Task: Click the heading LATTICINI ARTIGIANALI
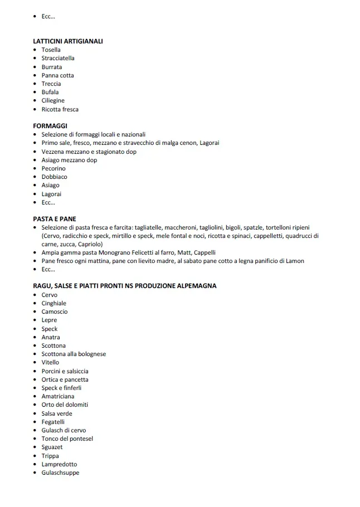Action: (x=68, y=41)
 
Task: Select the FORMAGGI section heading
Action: (x=50, y=126)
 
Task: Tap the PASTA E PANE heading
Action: (x=55, y=219)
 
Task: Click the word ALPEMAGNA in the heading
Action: (x=194, y=286)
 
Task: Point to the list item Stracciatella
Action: (x=58, y=58)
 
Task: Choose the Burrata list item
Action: (x=52, y=67)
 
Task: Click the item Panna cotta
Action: (x=57, y=75)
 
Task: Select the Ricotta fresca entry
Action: (x=60, y=109)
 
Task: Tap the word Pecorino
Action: (x=53, y=168)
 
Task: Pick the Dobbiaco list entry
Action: (x=54, y=177)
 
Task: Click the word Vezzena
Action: (x=53, y=152)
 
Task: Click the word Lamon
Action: (x=296, y=261)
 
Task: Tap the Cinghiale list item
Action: (x=53, y=303)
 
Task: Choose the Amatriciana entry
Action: (x=57, y=396)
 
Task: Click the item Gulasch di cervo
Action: (x=64, y=430)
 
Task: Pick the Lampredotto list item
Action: (x=59, y=464)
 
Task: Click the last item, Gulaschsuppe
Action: (x=60, y=472)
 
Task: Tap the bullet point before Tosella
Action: (x=35, y=50)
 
